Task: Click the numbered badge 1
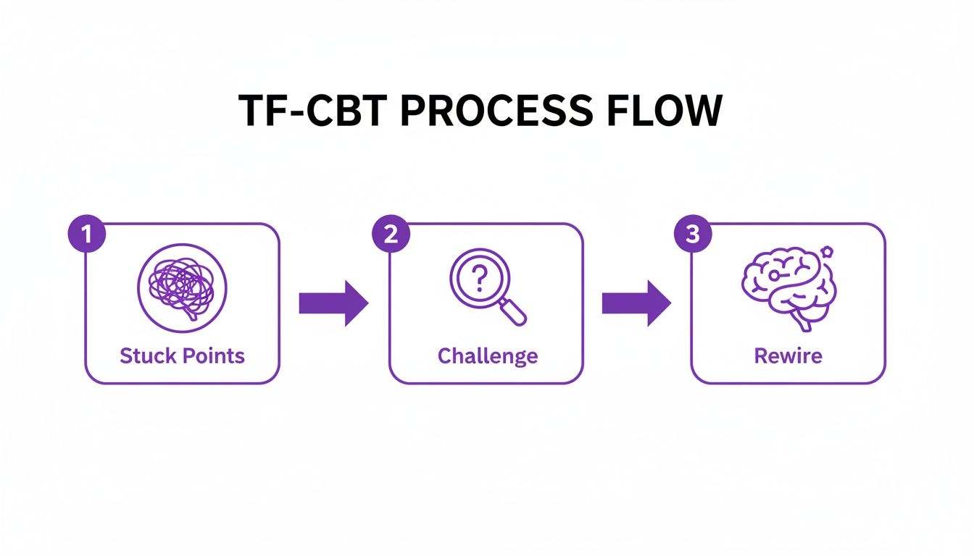pos(86,236)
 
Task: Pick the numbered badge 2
pos(391,236)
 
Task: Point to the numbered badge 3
pos(693,236)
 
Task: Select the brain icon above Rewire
pos(788,287)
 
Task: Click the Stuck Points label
pos(182,356)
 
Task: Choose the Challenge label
pos(487,356)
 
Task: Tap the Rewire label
pos(788,356)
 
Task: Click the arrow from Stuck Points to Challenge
pos(333,303)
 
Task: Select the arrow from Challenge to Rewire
pos(636,303)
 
